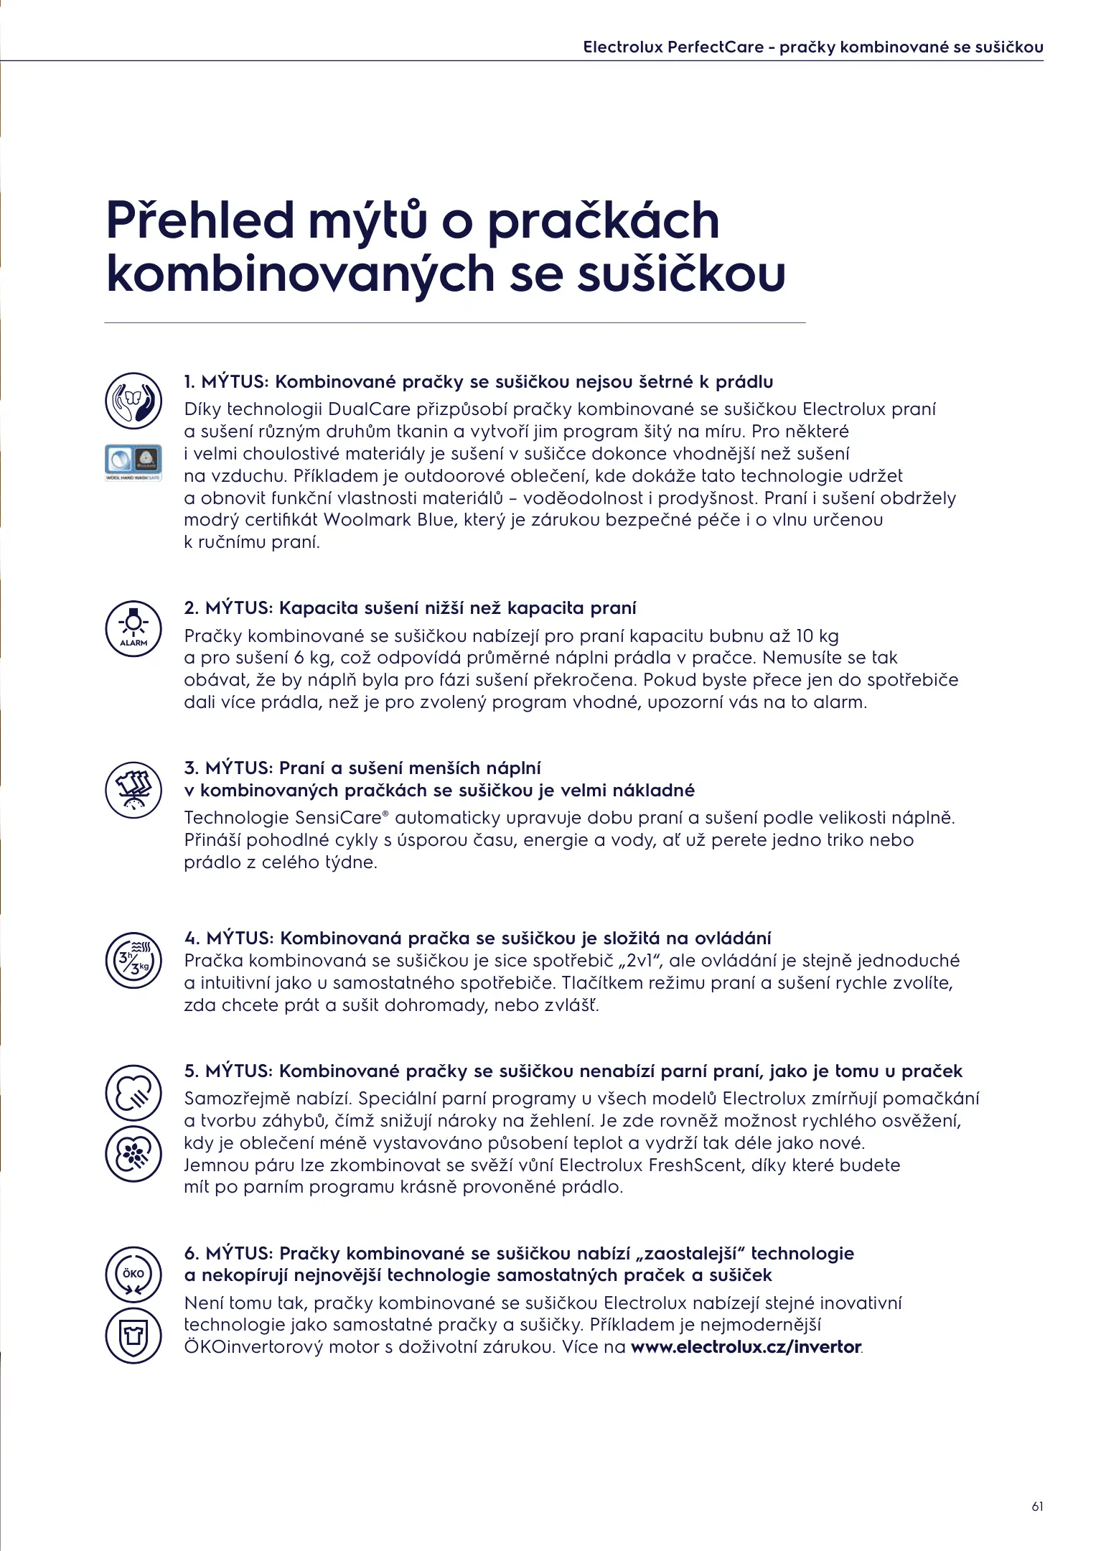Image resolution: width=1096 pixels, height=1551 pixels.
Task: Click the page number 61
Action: (x=1037, y=1506)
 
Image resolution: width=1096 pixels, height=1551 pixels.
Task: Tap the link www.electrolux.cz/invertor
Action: (x=746, y=1347)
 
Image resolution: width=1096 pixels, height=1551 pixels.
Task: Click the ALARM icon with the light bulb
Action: (x=134, y=628)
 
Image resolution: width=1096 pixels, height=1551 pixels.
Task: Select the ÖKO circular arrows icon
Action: (x=134, y=1275)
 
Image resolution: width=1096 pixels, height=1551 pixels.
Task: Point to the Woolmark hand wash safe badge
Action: (x=134, y=462)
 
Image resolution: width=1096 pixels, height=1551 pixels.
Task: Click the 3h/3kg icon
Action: (x=134, y=961)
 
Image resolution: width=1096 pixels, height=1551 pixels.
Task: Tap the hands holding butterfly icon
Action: (x=134, y=400)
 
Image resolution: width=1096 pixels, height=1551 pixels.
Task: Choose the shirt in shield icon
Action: (x=134, y=1336)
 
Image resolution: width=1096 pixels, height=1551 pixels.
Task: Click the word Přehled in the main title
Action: (x=200, y=220)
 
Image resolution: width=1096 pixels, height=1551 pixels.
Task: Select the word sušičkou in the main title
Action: (x=682, y=275)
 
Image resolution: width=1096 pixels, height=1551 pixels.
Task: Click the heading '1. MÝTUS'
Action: (x=225, y=382)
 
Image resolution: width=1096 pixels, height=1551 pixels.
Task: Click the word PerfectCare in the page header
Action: (x=715, y=47)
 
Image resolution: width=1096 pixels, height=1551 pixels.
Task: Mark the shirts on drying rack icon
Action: (x=134, y=790)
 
